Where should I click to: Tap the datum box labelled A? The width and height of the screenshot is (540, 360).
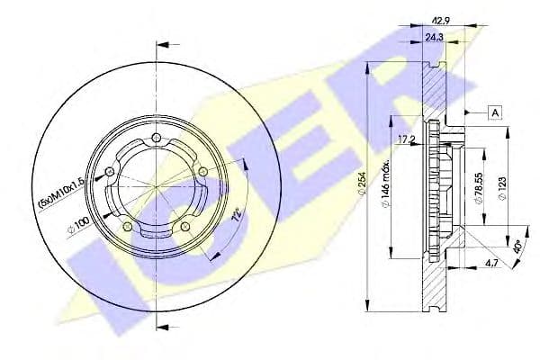point(495,112)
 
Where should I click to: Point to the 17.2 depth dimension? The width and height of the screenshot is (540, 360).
point(407,139)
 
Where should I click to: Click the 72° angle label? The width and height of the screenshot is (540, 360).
point(237,217)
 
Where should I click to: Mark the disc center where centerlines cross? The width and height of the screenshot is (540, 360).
point(155,185)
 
